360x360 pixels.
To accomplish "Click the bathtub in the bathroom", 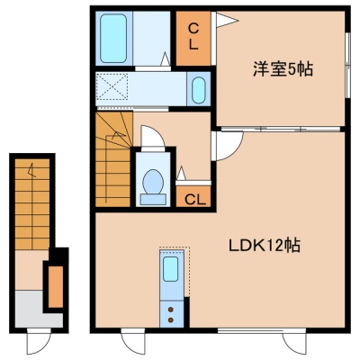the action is click(x=113, y=39).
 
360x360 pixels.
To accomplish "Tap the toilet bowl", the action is click(x=153, y=182).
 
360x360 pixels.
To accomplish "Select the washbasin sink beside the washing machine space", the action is click(x=198, y=90).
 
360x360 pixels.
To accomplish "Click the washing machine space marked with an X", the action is click(x=112, y=86).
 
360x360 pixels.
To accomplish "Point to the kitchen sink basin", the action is click(x=171, y=269).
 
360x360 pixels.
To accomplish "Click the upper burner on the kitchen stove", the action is click(x=171, y=310).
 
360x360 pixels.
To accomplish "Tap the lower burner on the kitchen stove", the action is click(x=171, y=320).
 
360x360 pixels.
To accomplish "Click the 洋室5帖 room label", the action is click(x=283, y=69).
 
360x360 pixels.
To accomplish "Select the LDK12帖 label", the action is click(x=265, y=246).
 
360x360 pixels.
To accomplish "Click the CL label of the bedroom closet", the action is click(x=193, y=37).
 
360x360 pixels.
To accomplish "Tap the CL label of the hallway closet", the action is click(x=193, y=200).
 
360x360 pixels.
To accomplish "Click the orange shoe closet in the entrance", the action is click(x=56, y=287).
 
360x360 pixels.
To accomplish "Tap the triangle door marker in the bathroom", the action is click(x=165, y=58).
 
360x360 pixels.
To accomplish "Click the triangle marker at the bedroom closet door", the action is click(x=227, y=20).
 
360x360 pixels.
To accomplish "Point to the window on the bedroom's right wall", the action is click(x=347, y=65).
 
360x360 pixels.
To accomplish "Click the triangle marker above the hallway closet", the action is click(x=181, y=174).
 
